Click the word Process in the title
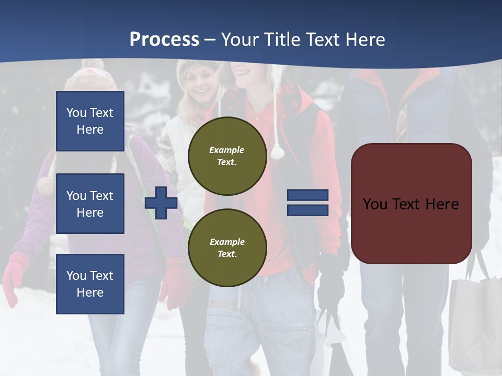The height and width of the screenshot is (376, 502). click(164, 40)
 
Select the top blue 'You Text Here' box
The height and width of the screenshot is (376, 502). click(90, 121)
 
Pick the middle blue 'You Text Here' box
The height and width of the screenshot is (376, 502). click(90, 204)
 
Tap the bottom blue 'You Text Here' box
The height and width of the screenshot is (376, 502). click(90, 284)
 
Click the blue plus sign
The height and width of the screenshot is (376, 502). click(161, 203)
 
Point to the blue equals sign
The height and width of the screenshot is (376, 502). click(307, 203)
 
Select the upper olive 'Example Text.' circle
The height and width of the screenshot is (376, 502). click(227, 156)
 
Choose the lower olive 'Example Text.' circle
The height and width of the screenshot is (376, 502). click(227, 248)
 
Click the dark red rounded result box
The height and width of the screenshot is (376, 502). click(411, 204)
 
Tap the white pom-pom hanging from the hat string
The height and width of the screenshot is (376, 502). click(277, 152)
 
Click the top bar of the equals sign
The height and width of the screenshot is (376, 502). click(307, 195)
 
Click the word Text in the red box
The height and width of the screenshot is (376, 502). click(409, 204)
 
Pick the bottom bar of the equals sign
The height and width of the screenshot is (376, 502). click(307, 210)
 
